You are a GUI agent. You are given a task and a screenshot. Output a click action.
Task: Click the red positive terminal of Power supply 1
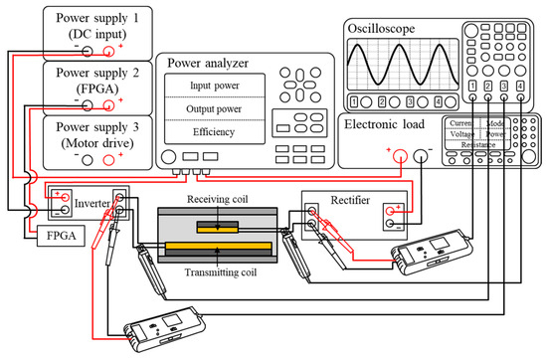pos(108,52)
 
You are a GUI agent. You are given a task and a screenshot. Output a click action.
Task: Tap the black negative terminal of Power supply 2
pos(88,105)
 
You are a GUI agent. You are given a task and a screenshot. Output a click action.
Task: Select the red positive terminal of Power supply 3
pos(108,160)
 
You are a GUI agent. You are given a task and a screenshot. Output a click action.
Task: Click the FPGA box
pos(61,236)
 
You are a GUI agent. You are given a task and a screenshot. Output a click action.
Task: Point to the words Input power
pos(215,86)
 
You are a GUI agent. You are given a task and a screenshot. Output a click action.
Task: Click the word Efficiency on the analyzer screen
pos(214,132)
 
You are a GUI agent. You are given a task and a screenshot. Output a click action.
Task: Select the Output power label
pos(214,109)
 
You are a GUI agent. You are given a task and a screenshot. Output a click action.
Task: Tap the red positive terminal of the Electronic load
pos(401,156)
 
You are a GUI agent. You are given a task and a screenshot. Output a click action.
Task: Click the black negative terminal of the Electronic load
pos(420,156)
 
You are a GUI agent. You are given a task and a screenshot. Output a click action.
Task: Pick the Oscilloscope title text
pos(381,29)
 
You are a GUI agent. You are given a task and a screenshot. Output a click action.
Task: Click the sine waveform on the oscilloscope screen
pos(403,65)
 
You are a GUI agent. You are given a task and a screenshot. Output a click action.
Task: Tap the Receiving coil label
pos(217,199)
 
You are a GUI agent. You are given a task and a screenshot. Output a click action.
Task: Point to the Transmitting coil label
pos(221,272)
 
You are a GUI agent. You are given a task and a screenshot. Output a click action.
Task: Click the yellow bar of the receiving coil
pos(218,230)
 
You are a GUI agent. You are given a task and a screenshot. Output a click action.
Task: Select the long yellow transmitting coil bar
pos(219,246)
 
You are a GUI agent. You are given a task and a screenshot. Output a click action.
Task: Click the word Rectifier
pos(350,200)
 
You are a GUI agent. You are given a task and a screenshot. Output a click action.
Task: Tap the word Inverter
pos(92,204)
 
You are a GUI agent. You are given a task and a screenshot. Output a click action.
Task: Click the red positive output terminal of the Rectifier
pos(391,211)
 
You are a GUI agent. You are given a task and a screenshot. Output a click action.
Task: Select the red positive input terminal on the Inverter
pos(65,198)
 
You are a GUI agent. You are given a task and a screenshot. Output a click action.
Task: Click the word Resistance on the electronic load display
pos(478,145)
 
